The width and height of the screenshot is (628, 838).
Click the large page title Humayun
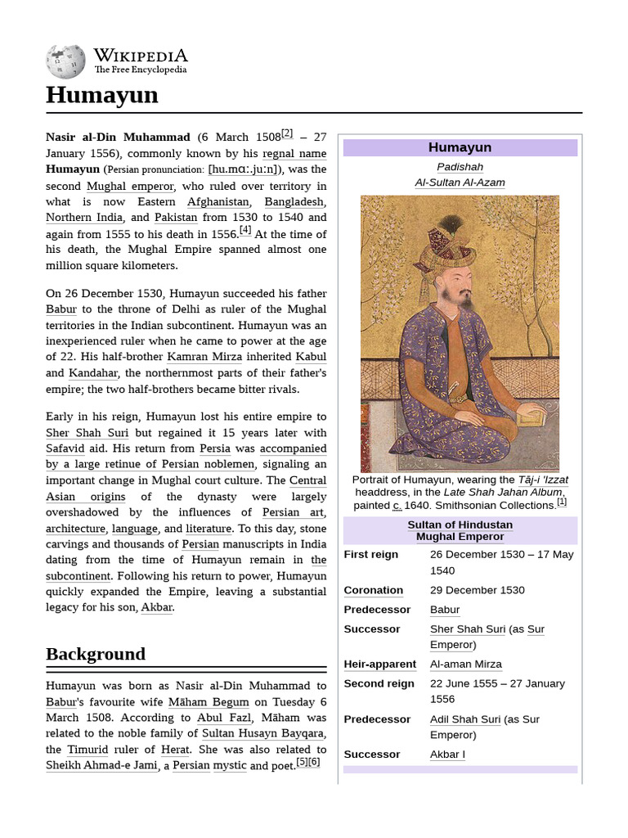(x=101, y=95)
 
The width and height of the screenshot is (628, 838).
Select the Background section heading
(x=95, y=654)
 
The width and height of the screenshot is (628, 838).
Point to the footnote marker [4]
(x=245, y=231)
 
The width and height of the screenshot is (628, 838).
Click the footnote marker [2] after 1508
(x=286, y=133)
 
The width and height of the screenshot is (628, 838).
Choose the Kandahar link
(x=93, y=373)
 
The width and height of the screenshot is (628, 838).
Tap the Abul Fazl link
(x=222, y=718)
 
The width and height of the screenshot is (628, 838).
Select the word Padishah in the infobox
(x=460, y=167)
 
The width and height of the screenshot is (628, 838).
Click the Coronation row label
(x=373, y=590)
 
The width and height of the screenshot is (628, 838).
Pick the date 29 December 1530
(x=477, y=590)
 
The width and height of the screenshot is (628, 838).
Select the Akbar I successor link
(x=447, y=755)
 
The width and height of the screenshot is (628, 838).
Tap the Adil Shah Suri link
(x=464, y=719)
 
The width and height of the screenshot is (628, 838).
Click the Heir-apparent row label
(x=379, y=664)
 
